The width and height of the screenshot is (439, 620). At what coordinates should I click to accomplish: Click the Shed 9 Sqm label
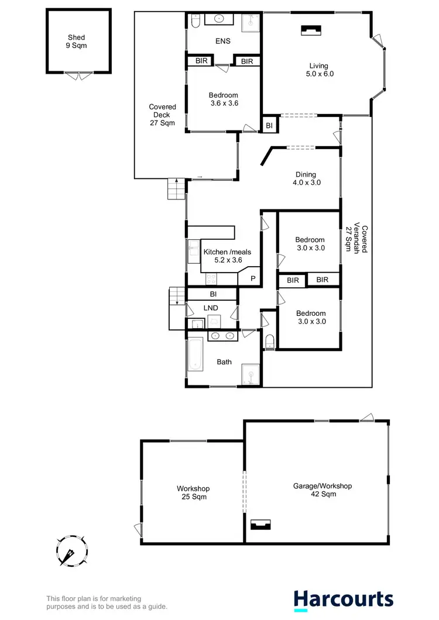click(77, 42)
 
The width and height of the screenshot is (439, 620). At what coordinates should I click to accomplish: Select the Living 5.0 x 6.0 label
click(318, 70)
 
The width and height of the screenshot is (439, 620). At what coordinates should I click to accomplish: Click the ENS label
click(222, 41)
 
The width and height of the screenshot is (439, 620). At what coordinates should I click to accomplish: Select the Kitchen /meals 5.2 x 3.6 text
click(222, 256)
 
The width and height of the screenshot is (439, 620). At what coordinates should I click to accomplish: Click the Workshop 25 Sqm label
click(193, 492)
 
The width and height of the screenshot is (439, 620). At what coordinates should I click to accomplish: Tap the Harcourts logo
click(343, 599)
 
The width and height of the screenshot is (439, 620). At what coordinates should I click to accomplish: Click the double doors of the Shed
click(77, 75)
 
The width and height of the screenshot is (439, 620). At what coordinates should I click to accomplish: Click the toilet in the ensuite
click(196, 21)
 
